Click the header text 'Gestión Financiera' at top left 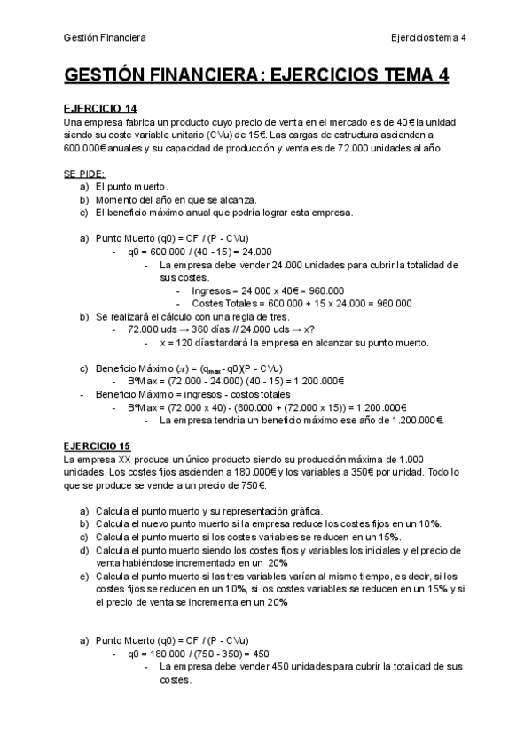point(105,37)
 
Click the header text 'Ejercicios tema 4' point(428,37)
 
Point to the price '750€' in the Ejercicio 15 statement point(253,485)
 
